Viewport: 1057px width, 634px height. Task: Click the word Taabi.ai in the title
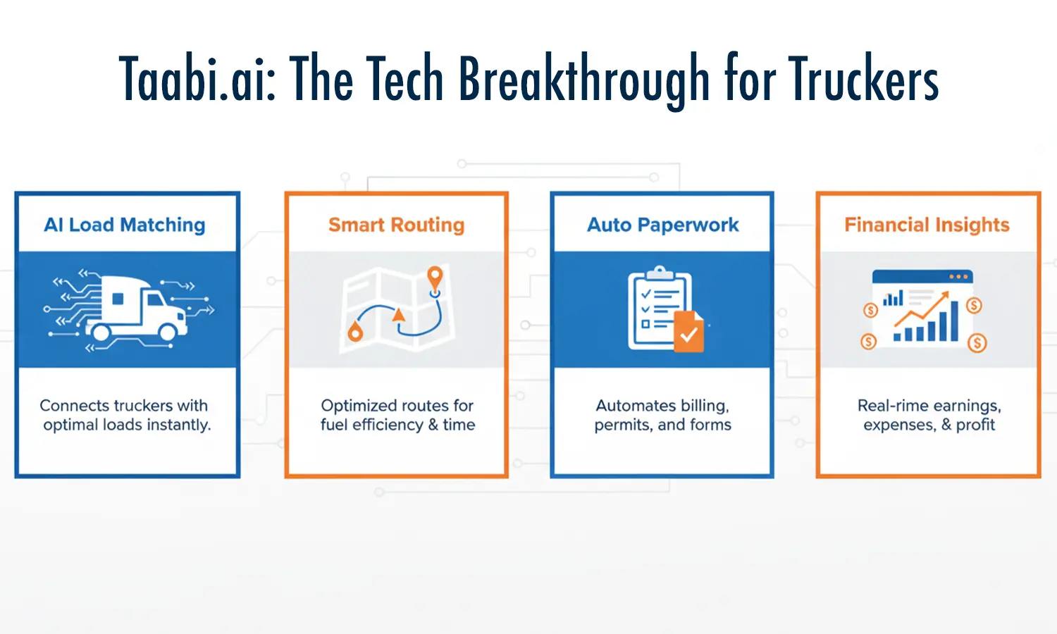(x=197, y=77)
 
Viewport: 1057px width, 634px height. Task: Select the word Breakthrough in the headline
(x=583, y=81)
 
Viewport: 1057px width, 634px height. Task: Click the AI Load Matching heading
(x=125, y=225)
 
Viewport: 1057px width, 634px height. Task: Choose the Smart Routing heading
(x=396, y=225)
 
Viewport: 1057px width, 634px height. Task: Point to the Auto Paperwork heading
(x=662, y=225)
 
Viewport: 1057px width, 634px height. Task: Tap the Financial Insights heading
(x=927, y=225)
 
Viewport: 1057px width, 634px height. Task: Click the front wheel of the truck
(x=168, y=332)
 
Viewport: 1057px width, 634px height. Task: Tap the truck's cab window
(x=156, y=300)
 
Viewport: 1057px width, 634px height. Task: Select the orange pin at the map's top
(x=435, y=278)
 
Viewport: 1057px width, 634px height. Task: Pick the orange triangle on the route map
(x=399, y=314)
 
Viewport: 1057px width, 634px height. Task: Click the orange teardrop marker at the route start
(x=355, y=332)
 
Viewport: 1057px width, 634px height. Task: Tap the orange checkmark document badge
(x=689, y=332)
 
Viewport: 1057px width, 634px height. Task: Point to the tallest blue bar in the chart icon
(x=954, y=321)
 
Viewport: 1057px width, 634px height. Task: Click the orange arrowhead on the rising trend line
(x=944, y=297)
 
